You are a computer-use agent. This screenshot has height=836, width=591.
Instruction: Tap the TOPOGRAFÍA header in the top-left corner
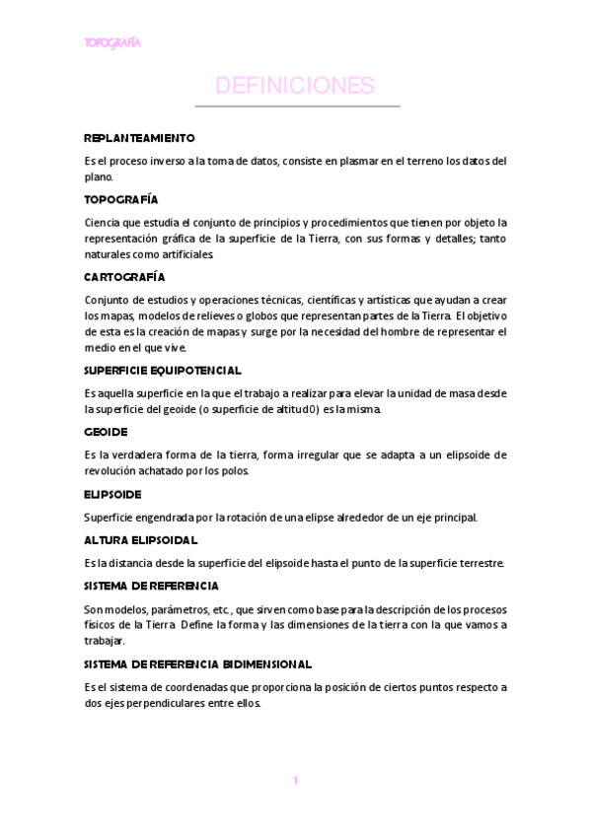112,43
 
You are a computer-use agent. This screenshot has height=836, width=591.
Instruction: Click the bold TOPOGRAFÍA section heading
121,198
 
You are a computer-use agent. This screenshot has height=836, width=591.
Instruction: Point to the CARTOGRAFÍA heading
124,276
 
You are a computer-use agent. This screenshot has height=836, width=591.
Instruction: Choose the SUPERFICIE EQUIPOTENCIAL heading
163,370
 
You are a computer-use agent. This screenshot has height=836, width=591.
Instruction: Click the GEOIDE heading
107,432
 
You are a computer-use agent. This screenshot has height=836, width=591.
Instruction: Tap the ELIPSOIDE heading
112,494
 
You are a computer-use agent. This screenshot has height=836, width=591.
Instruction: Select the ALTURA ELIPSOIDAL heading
141,539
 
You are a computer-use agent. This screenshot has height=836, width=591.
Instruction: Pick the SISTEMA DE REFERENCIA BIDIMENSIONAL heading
198,663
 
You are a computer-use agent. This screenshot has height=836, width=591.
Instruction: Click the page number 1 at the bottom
295,781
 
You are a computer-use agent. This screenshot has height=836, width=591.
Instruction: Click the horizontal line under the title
296,105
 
